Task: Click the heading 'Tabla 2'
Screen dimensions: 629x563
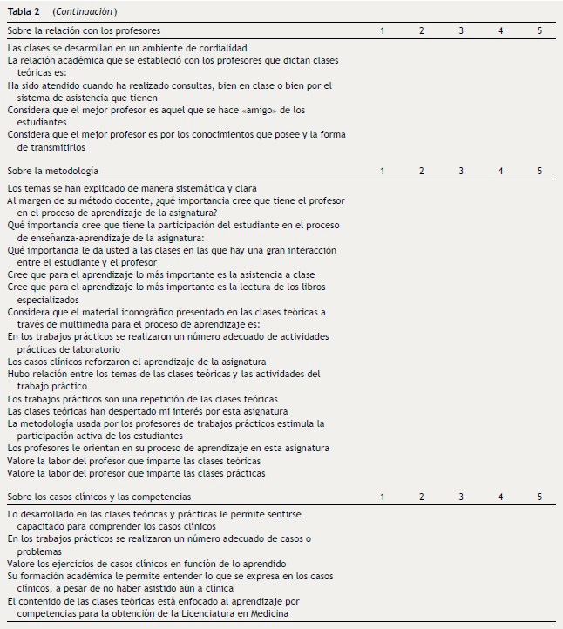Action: pos(23,10)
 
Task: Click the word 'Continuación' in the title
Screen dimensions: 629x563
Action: pos(85,10)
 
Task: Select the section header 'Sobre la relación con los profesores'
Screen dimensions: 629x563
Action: pos(84,30)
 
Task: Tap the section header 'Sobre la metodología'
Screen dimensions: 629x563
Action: pos(52,171)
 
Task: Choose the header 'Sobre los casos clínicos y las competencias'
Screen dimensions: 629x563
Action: pos(99,497)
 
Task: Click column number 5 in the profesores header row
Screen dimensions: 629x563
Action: pos(539,30)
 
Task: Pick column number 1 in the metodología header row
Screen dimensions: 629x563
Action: pos(382,171)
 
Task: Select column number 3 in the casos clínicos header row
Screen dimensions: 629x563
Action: pos(461,497)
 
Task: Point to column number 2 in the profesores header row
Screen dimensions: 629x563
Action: pos(421,30)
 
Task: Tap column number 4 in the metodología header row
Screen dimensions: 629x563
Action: pos(500,171)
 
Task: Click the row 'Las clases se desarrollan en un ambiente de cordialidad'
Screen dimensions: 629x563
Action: pos(127,48)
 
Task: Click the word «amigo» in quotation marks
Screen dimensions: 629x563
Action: pos(267,111)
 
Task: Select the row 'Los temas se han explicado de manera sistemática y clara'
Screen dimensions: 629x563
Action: pos(132,188)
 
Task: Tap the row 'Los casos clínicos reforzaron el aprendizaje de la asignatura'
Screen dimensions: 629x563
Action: pos(137,362)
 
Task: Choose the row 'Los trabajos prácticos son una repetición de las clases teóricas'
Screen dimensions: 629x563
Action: pos(142,399)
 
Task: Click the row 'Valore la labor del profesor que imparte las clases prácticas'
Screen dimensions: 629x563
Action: pos(136,474)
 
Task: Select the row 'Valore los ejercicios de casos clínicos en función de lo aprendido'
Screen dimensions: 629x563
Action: pos(146,564)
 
